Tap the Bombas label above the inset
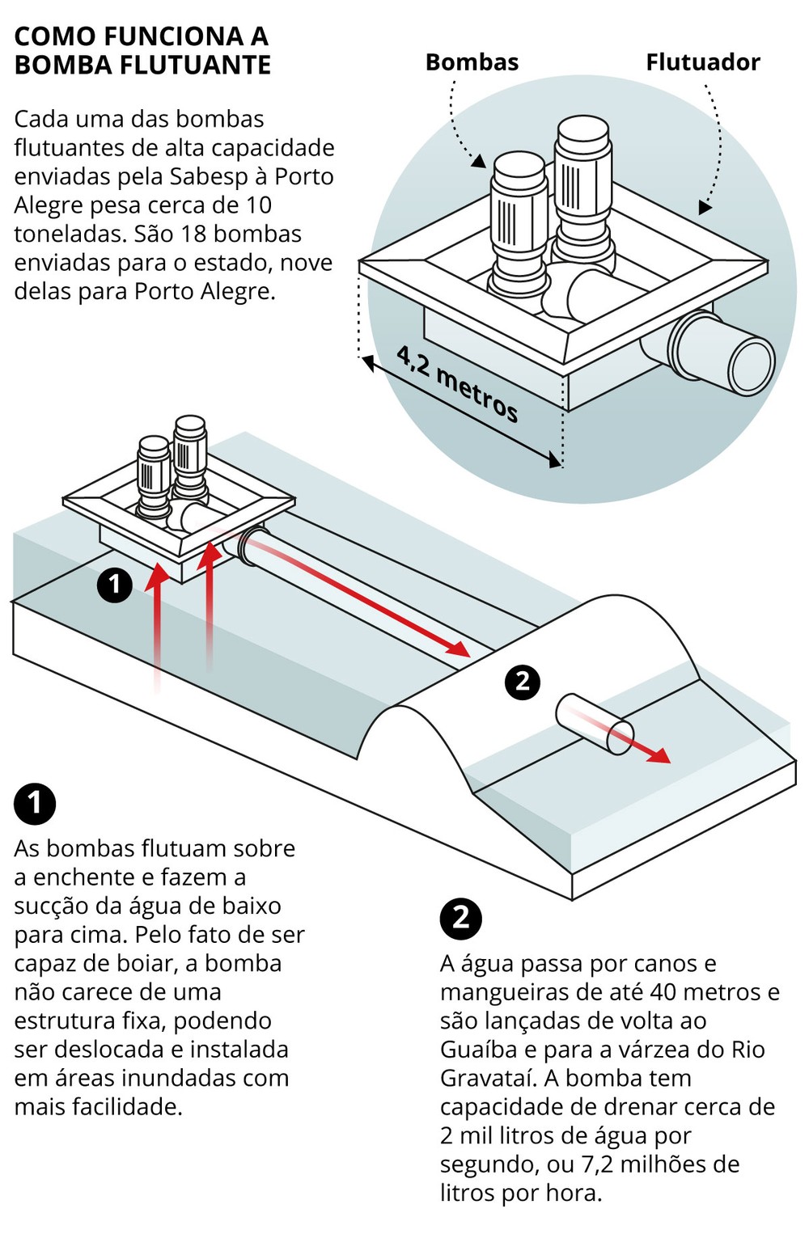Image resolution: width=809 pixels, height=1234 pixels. pos(472,62)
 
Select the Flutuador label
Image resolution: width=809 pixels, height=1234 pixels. pos(702,62)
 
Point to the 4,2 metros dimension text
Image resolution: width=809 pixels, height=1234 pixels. pos(457,383)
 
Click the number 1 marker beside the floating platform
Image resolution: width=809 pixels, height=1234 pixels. pos(114,584)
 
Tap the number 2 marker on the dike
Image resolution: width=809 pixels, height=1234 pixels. pos(522,681)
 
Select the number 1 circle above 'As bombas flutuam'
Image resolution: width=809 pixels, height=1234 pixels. pos(35,803)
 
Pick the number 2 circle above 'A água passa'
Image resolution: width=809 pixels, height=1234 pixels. pos(460,918)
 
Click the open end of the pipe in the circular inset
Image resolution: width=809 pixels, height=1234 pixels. pos(752,365)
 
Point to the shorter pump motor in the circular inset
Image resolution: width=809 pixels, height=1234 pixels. pos(519,210)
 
